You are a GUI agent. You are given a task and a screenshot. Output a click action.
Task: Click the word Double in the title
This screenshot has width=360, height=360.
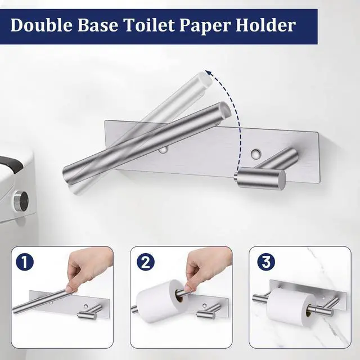pyautogui.click(x=42, y=25)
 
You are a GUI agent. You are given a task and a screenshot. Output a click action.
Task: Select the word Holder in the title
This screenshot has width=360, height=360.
pyautogui.click(x=265, y=25)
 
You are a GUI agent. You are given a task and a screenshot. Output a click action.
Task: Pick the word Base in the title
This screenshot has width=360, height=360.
pyautogui.click(x=98, y=25)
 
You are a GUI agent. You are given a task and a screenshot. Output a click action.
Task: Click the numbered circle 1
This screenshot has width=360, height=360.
pyautogui.click(x=25, y=262)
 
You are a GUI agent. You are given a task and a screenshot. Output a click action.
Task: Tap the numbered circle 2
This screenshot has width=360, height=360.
pyautogui.click(x=146, y=262)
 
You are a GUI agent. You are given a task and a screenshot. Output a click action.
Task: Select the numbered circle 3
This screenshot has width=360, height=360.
pyautogui.click(x=266, y=262)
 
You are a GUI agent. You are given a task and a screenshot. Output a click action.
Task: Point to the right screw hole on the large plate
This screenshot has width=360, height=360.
pyautogui.click(x=256, y=153)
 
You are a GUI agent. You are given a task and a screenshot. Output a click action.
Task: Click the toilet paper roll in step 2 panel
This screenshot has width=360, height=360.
pyautogui.click(x=160, y=301)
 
